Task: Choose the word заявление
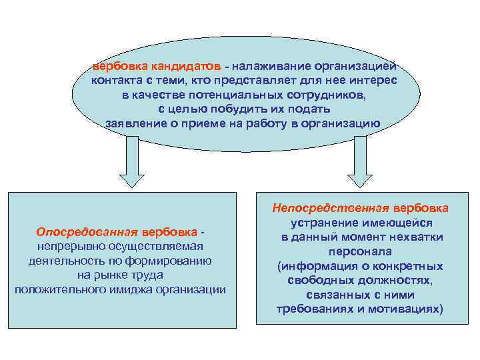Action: [136, 123]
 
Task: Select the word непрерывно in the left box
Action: [64, 247]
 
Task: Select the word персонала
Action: [359, 252]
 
